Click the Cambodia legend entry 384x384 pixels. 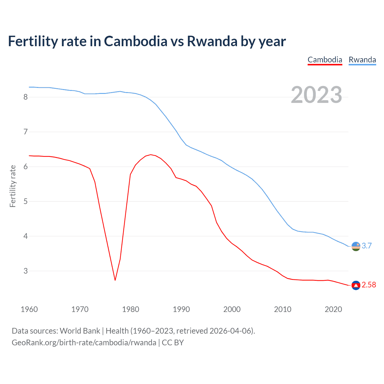tap(325, 60)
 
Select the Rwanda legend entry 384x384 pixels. tap(362, 60)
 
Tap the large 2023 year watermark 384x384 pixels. tap(316, 95)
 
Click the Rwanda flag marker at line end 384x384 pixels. tap(356, 246)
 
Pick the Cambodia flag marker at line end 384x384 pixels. tap(356, 285)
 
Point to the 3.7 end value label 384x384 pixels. tap(367, 246)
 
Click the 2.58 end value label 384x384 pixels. tap(369, 285)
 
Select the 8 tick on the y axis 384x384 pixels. tap(25, 97)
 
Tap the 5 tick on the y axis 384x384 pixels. tap(25, 201)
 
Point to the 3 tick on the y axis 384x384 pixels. tap(25, 271)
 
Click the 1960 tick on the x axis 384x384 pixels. tap(29, 309)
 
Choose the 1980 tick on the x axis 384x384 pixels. tap(130, 309)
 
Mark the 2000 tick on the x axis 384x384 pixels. tap(232, 309)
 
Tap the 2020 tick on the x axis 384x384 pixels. tap(333, 309)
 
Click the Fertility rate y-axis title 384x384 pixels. tap(13, 186)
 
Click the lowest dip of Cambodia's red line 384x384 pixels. tap(115, 280)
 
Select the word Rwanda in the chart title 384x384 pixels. tap(212, 41)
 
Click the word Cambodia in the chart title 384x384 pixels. tap(136, 41)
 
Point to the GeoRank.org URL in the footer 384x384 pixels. tap(84, 343)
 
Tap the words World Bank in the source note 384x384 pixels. tap(80, 331)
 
